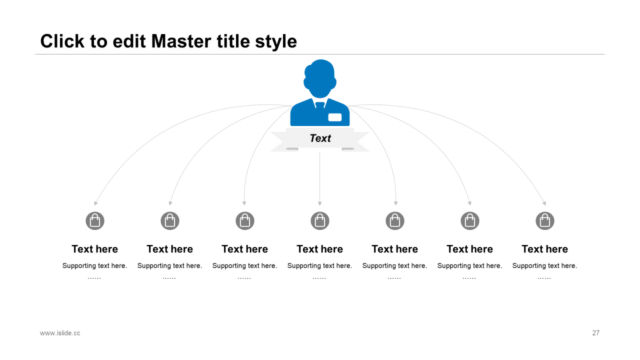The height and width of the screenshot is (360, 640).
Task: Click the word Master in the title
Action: click(181, 41)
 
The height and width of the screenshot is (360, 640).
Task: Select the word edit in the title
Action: click(129, 41)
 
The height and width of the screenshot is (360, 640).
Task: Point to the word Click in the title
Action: click(62, 41)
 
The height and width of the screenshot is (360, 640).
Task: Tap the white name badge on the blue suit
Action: click(335, 117)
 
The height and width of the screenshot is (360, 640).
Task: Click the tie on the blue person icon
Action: click(320, 105)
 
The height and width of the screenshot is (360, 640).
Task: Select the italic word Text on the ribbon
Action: click(320, 138)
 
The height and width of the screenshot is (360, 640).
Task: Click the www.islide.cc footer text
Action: click(60, 333)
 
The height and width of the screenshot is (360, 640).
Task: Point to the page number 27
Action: click(595, 333)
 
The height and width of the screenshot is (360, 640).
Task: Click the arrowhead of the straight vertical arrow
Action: click(319, 203)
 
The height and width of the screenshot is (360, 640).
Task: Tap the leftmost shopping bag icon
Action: click(95, 221)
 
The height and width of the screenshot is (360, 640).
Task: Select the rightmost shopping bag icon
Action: click(545, 221)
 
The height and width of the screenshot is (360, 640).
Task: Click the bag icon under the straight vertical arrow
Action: click(320, 221)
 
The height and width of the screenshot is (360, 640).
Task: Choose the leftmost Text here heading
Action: click(95, 249)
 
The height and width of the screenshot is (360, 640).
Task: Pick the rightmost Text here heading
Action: click(545, 249)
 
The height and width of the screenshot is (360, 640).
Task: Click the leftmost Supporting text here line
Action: click(95, 266)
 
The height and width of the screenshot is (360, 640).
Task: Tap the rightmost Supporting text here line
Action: click(545, 266)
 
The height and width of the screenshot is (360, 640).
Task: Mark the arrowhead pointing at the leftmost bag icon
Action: click(95, 203)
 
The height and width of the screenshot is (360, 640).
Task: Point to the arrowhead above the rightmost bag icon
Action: click(544, 203)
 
